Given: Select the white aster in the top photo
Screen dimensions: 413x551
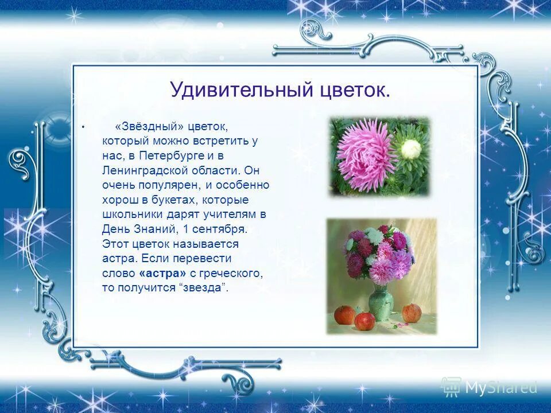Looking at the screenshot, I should [410, 149].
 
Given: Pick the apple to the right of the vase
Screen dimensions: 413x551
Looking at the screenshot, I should [412, 313].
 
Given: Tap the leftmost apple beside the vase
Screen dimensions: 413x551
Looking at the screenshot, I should [344, 314].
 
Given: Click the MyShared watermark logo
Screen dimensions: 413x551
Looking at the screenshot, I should [489, 388].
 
